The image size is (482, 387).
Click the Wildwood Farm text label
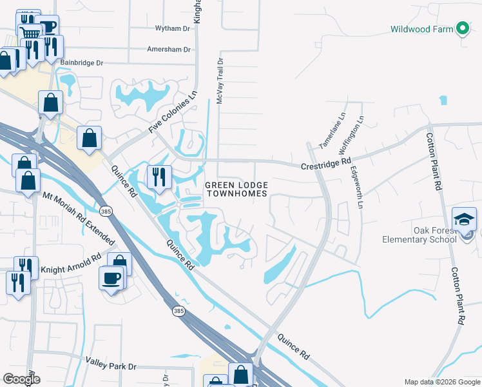point(421,29)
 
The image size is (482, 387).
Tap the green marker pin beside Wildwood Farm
point(462,28)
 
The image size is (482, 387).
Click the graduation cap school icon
point(464,219)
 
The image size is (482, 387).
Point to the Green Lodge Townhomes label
point(236,190)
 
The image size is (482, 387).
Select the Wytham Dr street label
point(173,28)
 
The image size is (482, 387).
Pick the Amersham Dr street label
point(169,49)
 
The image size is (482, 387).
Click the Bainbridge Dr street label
point(81,63)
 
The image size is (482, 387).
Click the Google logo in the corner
point(21,379)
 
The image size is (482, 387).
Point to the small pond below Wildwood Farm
point(443,100)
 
